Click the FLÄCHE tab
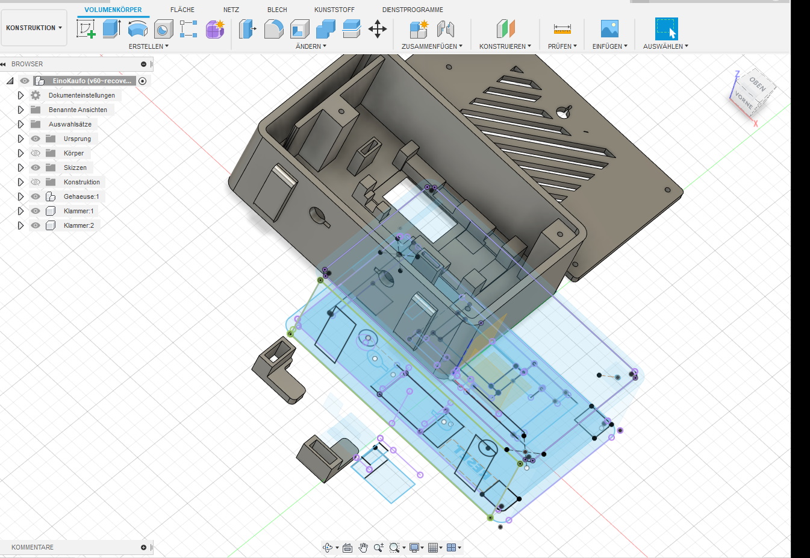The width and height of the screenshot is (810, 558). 182,10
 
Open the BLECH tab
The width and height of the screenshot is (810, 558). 277,10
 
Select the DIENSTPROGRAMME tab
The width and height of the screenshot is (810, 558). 413,10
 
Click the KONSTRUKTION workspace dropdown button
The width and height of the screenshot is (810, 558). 34,28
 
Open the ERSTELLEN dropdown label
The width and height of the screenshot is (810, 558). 149,46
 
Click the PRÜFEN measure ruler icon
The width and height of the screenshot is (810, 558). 562,29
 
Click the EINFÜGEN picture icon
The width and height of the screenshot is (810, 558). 609,28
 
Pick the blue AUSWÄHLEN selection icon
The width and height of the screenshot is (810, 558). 666,28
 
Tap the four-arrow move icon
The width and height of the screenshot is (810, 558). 378,29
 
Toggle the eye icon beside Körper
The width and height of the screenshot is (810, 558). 36,153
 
